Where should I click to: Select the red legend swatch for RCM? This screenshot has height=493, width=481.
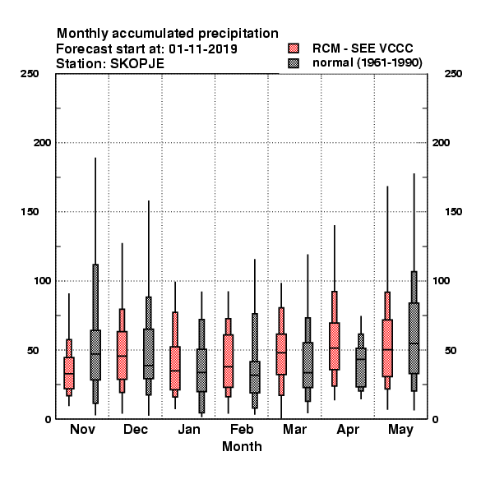tap(294, 48)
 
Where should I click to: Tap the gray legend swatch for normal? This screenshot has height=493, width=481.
tap(294, 63)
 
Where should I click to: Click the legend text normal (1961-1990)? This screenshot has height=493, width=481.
tap(368, 63)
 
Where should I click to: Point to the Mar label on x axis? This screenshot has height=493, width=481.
tap(294, 430)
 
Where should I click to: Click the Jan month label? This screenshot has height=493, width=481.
tap(189, 430)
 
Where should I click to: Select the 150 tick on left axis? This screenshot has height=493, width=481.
tap(30, 212)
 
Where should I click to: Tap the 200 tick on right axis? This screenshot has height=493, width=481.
tap(441, 143)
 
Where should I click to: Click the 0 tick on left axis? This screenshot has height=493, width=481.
tap(48, 419)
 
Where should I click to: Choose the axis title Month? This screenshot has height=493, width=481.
tap(242, 446)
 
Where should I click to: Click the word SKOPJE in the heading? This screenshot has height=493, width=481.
tap(137, 64)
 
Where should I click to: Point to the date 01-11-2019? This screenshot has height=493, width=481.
tap(203, 48)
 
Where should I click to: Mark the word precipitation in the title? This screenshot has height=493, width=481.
tap(238, 34)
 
